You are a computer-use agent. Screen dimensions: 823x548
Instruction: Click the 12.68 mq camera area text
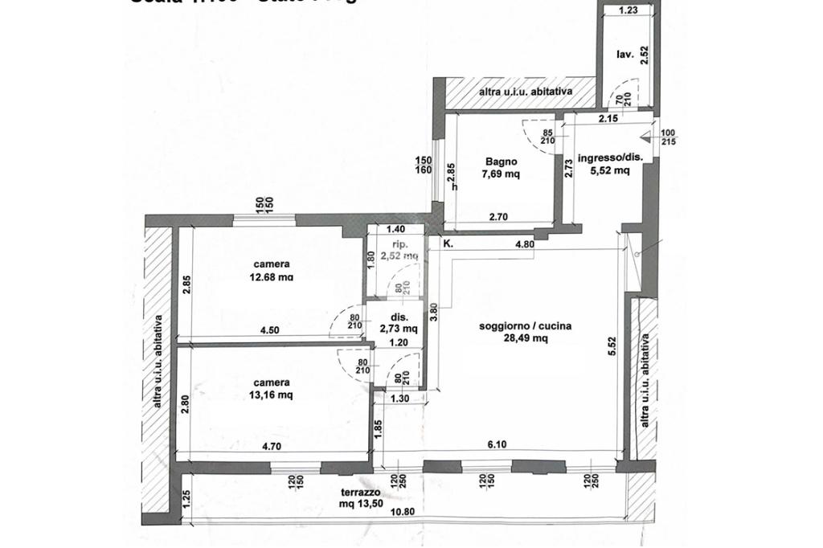(272, 277)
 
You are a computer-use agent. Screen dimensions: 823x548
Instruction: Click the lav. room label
(624, 55)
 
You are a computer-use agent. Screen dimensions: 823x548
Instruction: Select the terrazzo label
(358, 493)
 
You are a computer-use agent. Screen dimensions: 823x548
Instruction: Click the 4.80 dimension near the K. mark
(524, 245)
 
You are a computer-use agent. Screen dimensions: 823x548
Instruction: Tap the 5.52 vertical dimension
(612, 346)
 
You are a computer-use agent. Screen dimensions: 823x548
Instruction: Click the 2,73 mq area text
(399, 328)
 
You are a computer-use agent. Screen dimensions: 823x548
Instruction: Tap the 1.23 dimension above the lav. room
(629, 10)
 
